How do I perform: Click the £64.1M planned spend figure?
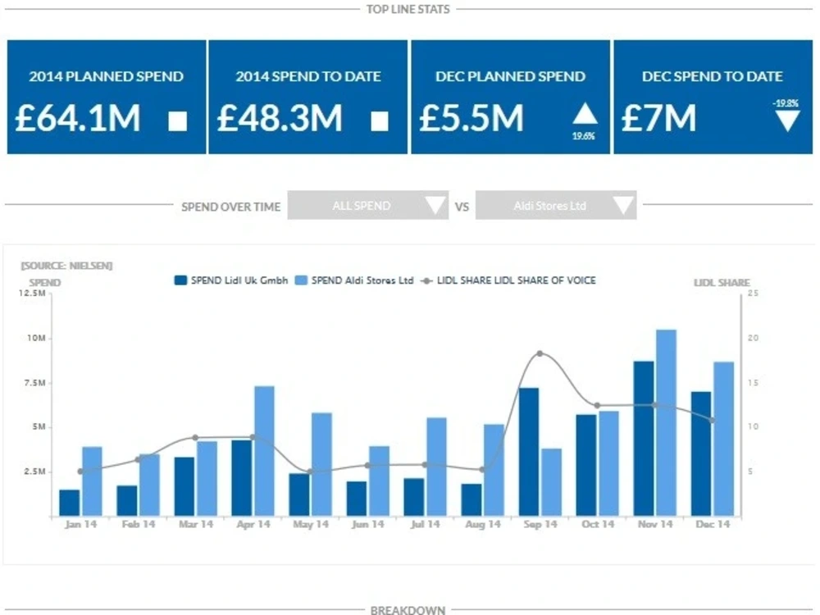[78, 118]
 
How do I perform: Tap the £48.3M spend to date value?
[280, 118]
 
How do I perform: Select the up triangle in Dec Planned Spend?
[585, 114]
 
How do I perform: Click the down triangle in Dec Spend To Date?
[787, 121]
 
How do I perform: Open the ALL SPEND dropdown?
[367, 206]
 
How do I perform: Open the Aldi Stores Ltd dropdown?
[556, 206]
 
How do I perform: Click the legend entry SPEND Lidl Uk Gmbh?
[231, 280]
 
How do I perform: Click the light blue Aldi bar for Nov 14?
[666, 422]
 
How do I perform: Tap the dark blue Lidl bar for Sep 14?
[529, 452]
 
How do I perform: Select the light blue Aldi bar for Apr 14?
[264, 451]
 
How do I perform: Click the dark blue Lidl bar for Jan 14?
[70, 503]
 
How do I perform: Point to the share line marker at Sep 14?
[540, 353]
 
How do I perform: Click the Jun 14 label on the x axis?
[367, 524]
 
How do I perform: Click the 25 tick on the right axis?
[753, 293]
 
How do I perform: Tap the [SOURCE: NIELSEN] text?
[66, 266]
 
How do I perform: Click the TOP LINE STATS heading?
[409, 9]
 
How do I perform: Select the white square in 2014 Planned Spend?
[178, 121]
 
